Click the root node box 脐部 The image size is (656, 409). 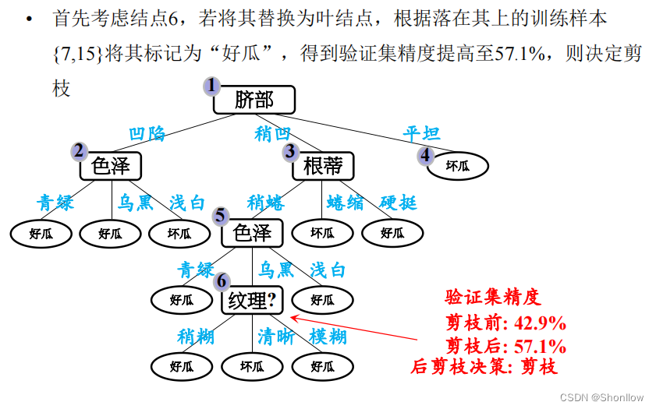[x=254, y=100]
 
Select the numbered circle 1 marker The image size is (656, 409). [x=210, y=86]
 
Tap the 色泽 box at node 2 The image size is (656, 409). [x=110, y=165]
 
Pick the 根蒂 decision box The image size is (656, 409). [x=323, y=166]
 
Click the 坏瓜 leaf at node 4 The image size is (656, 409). [x=457, y=165]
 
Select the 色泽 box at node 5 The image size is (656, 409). [x=251, y=232]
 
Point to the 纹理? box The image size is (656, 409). [x=251, y=300]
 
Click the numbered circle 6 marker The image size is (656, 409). [x=222, y=281]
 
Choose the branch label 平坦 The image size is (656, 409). [x=421, y=134]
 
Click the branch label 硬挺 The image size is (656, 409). [x=398, y=203]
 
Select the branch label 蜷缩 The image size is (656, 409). [x=345, y=203]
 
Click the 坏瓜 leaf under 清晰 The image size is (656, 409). [x=251, y=366]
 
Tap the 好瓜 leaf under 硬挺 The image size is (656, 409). [x=392, y=232]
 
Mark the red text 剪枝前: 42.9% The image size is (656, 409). [x=505, y=323]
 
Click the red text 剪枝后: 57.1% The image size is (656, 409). [x=505, y=346]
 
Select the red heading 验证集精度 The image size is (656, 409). [x=492, y=297]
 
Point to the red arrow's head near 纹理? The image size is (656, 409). [x=293, y=316]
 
